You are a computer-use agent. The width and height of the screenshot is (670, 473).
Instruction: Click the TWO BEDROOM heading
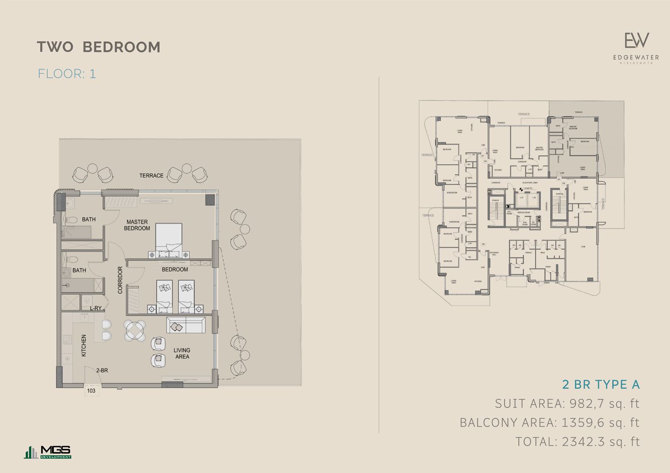(99, 47)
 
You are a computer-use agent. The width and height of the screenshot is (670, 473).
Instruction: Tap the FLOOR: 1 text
(67, 74)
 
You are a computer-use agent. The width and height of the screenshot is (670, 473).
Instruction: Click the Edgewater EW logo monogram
(636, 41)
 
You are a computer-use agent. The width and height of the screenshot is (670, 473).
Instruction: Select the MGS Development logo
(48, 452)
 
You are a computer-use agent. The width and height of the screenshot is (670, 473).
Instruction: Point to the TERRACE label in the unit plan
(151, 175)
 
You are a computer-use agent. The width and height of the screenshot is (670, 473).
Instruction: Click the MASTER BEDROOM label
(137, 225)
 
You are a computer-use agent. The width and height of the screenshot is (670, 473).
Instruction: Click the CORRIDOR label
(120, 280)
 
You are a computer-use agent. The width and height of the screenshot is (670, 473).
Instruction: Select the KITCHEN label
(84, 345)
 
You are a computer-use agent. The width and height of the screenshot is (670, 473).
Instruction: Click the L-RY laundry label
(96, 308)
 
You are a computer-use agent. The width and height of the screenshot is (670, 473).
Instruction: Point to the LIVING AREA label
(182, 353)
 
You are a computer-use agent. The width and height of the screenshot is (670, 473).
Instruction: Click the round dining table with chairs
(135, 330)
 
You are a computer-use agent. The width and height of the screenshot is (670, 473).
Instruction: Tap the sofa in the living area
(186, 325)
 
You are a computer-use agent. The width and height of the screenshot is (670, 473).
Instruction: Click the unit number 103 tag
(91, 391)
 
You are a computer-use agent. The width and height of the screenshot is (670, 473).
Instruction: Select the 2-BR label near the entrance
(102, 370)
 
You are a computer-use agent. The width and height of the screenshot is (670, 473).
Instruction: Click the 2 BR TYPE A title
(601, 384)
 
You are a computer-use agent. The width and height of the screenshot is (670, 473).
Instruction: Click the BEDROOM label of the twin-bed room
(175, 269)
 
